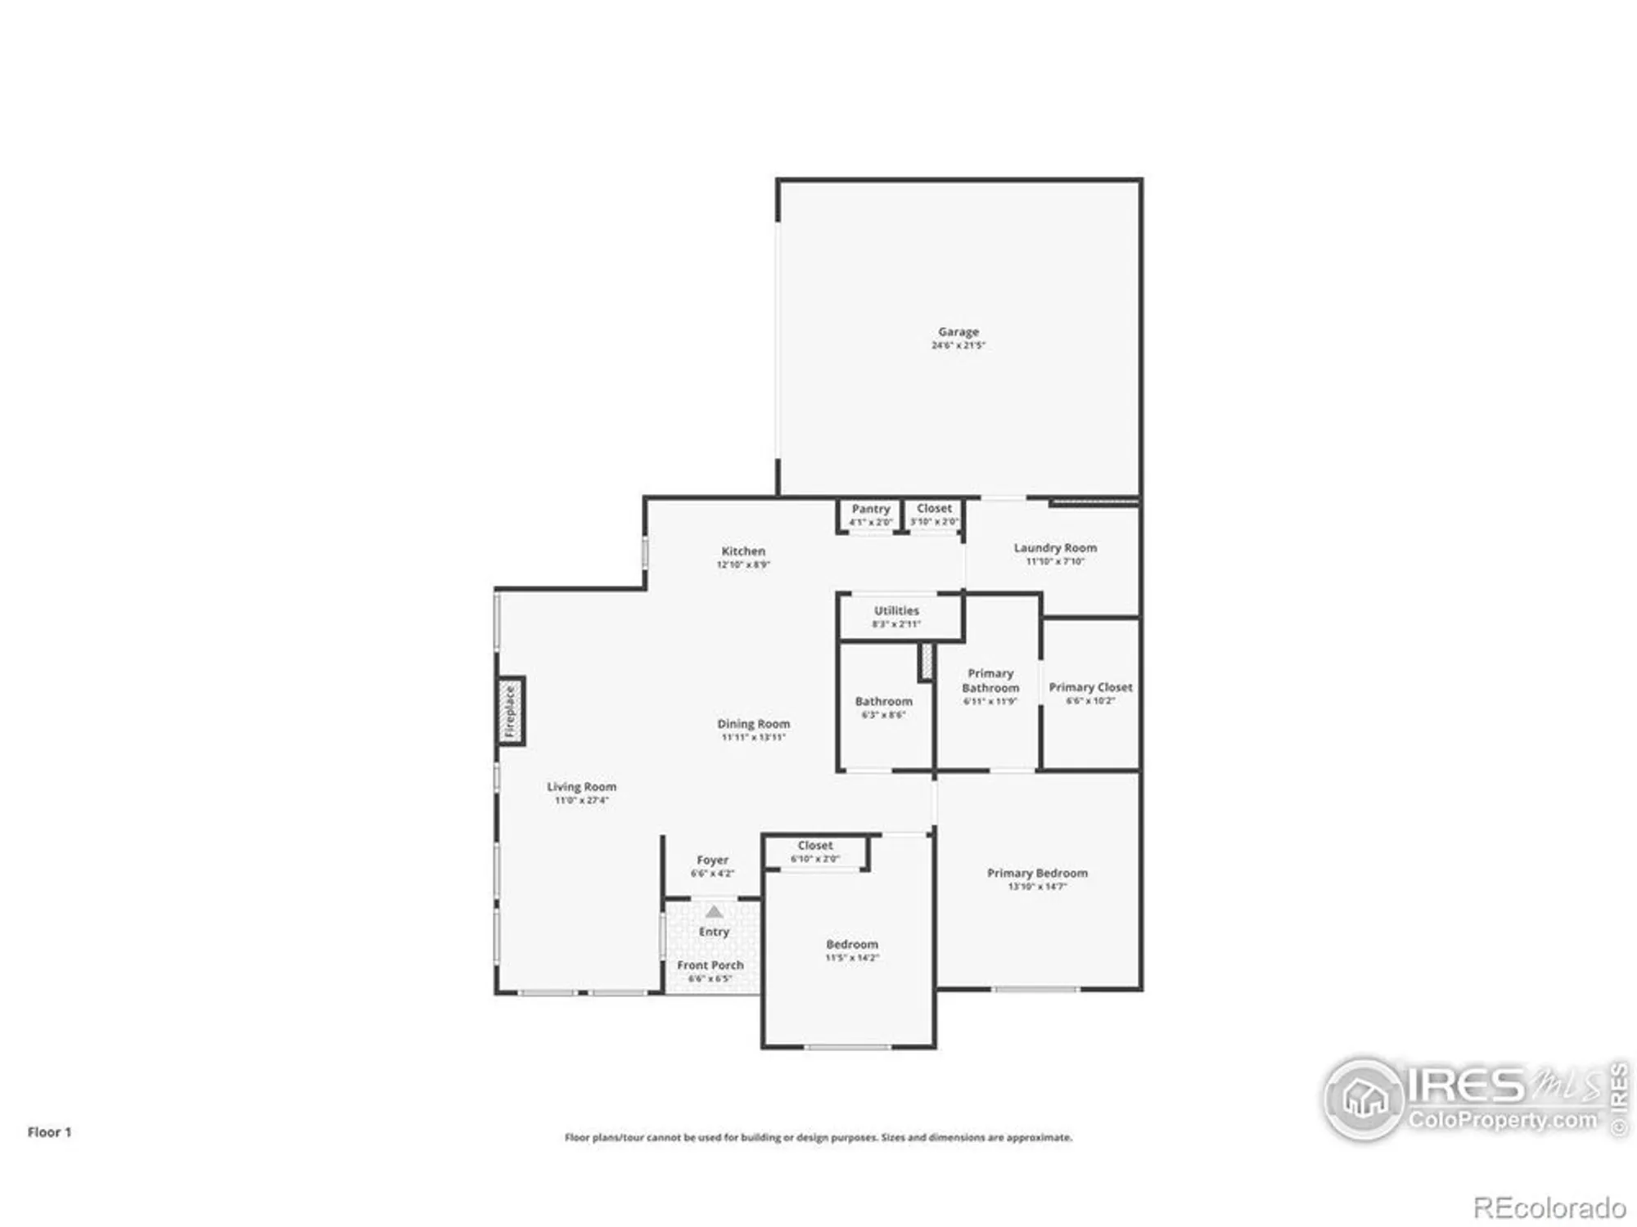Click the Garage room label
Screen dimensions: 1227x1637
[x=958, y=331]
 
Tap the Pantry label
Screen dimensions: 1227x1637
[x=870, y=509]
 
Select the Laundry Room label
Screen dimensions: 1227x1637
[x=1055, y=548]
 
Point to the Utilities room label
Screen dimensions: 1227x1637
[x=896, y=611]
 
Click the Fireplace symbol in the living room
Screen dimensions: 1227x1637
[x=511, y=711]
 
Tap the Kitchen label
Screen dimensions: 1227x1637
[x=743, y=551]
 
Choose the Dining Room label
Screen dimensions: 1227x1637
[x=753, y=724]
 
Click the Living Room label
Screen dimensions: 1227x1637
[x=581, y=787]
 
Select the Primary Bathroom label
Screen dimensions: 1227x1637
[x=990, y=681]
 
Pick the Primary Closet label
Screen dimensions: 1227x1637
[x=1090, y=688]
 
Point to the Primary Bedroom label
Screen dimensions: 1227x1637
[x=1037, y=874]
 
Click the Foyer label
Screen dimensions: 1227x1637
[x=712, y=861]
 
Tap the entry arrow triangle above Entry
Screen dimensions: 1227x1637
[x=714, y=911]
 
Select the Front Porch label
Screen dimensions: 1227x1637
[x=710, y=965]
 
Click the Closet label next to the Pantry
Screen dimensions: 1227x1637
[x=934, y=509]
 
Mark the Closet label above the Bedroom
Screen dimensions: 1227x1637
[x=815, y=846]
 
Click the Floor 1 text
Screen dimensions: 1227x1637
[x=49, y=1132]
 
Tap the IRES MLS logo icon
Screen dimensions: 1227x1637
[x=1364, y=1099]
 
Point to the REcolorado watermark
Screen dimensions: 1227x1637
[x=1549, y=1207]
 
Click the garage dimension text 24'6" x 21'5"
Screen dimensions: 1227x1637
[x=958, y=345]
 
